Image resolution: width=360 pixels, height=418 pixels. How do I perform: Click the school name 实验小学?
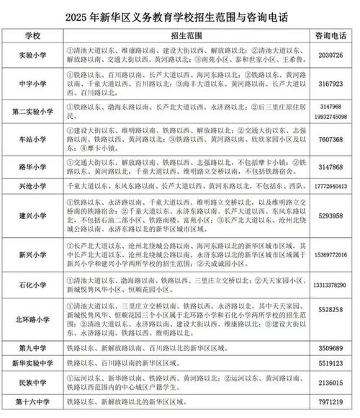point(30,55)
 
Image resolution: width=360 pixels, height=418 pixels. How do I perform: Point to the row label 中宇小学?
point(30,84)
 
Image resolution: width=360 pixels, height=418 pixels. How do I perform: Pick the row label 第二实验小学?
point(30,112)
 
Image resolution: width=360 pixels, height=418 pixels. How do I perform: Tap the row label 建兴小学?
point(30,214)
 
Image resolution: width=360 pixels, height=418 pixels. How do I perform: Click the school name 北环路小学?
point(30,318)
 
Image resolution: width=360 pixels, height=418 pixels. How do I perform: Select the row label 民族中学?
point(30,382)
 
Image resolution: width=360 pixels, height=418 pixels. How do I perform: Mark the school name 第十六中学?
point(30,400)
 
